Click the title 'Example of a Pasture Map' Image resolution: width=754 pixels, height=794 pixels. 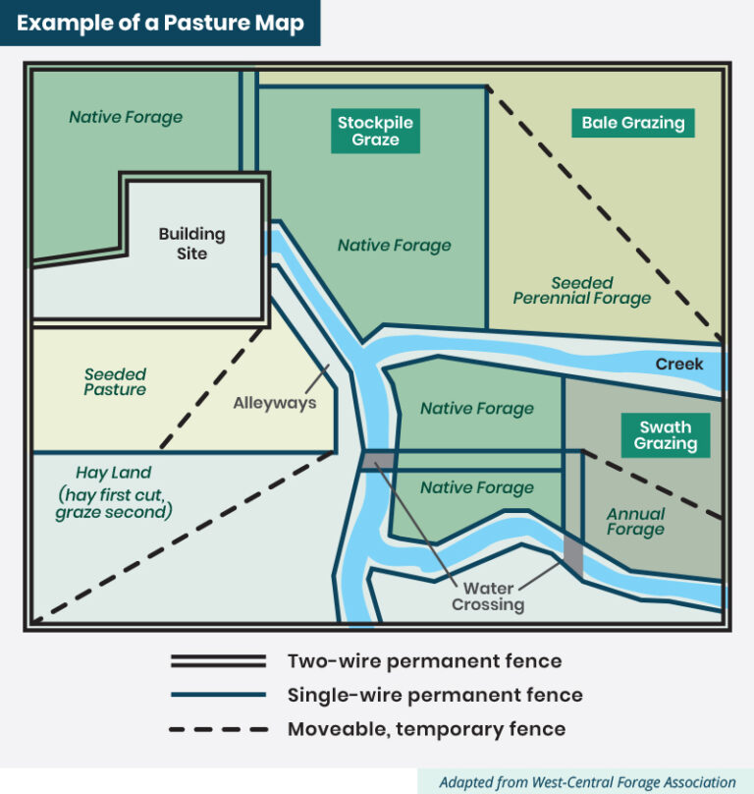159,22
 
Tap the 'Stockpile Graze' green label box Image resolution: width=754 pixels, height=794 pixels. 375,131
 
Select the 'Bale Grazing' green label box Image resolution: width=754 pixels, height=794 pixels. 632,123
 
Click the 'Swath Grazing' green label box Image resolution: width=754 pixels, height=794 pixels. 665,435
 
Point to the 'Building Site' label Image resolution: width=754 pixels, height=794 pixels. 192,244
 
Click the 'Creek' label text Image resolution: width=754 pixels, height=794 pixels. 679,365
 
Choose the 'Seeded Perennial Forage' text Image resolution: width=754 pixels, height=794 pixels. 582,290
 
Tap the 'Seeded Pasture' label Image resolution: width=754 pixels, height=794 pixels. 115,381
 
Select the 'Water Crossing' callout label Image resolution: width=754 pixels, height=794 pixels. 488,596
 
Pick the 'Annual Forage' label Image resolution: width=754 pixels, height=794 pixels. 635,522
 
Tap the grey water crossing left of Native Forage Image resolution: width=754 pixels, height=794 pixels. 378,460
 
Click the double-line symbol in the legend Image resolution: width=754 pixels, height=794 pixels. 218,660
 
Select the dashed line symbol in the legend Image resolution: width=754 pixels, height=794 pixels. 218,729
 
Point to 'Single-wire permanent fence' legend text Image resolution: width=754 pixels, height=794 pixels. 435,695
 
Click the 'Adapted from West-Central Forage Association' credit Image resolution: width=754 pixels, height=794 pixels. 587,782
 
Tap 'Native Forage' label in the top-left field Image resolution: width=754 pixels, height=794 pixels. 126,117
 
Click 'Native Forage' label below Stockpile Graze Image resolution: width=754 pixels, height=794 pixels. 395,245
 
